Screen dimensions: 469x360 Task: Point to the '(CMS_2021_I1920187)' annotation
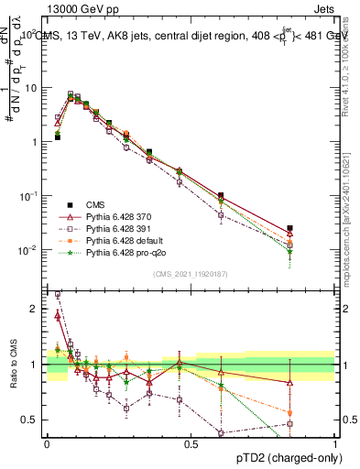tap(191, 273)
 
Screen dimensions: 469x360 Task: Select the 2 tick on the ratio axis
tap(34, 309)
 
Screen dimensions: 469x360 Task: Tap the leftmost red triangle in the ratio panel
tap(57, 316)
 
